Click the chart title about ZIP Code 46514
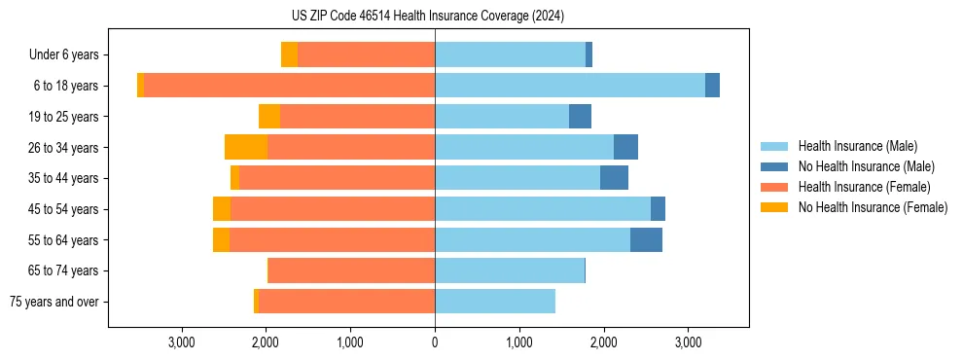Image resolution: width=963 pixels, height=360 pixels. coord(428,16)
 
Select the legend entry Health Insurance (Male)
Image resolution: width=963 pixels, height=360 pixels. coord(857,146)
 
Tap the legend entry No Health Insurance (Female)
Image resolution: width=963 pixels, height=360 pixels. coord(873,207)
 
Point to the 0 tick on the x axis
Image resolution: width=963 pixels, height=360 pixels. coord(435,342)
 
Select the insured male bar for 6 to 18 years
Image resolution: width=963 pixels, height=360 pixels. coord(569,86)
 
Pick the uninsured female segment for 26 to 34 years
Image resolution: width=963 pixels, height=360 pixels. coord(246,147)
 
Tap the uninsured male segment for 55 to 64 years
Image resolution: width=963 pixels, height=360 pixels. coord(646,240)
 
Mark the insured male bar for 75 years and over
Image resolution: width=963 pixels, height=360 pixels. coord(495,302)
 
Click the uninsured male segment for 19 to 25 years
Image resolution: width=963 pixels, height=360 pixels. coord(580,117)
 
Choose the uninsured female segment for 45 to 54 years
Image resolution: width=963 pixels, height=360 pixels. coord(222,209)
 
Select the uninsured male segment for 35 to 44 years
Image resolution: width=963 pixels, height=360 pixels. coord(614,178)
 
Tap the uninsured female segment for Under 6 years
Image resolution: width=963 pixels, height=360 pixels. coord(289,54)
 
